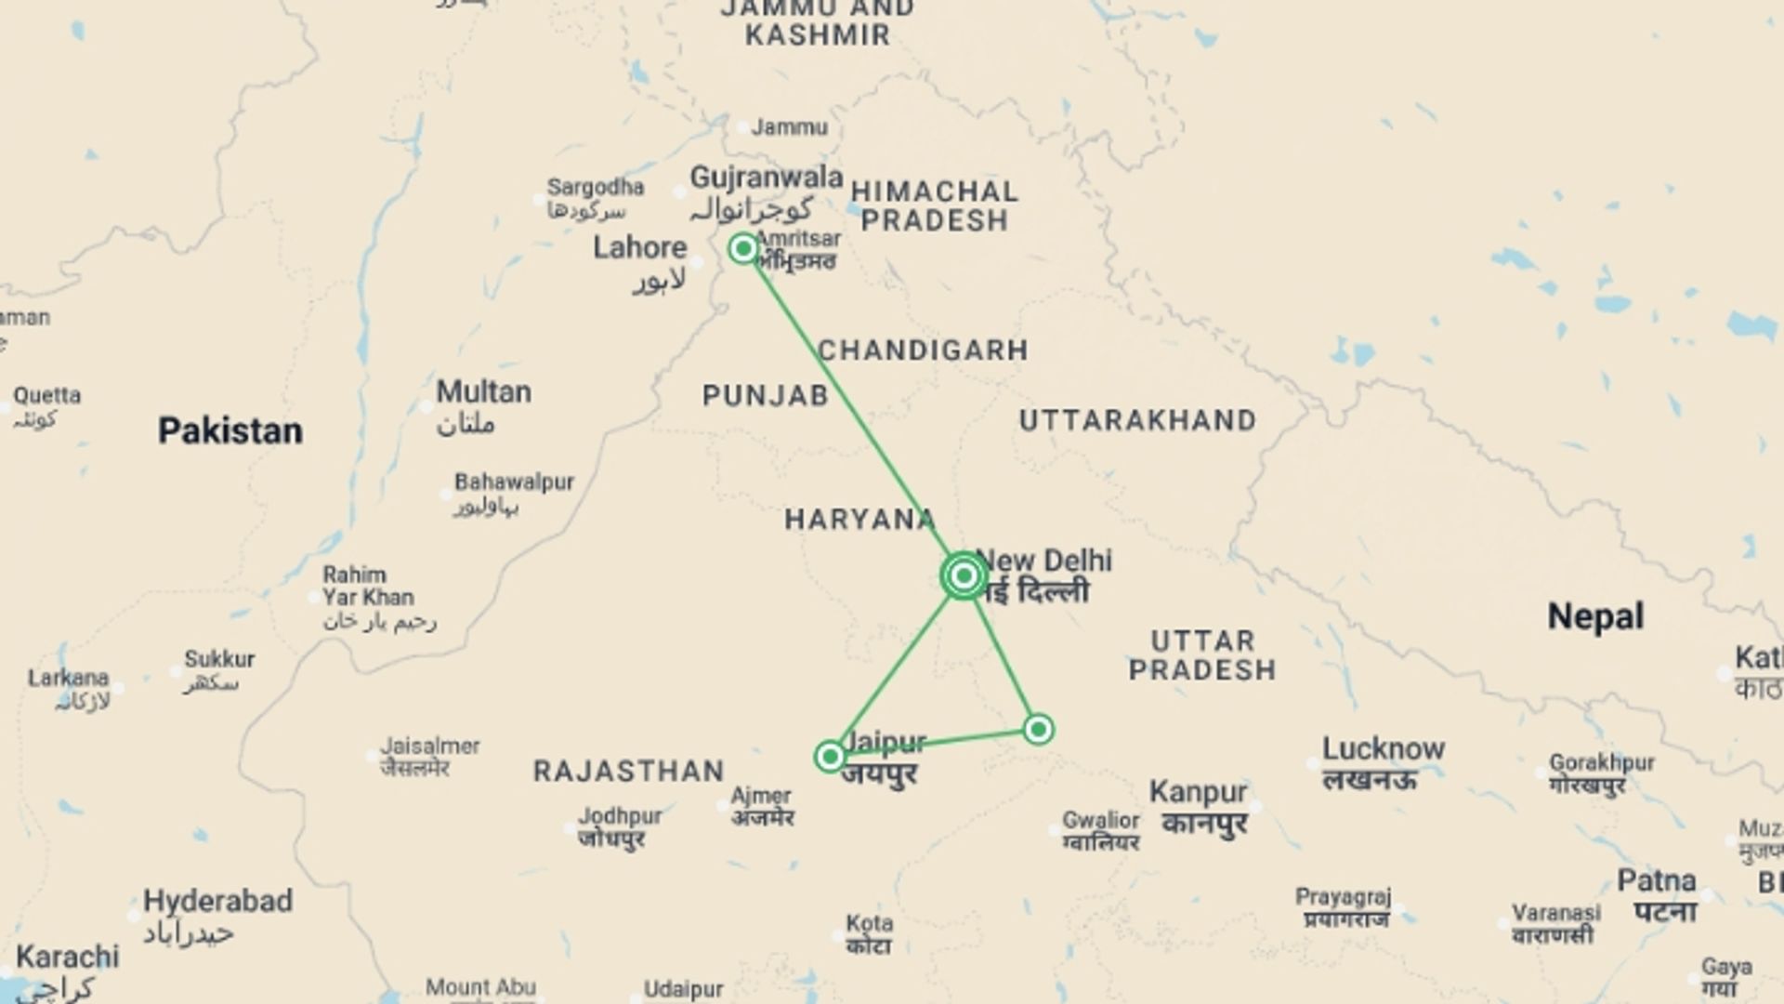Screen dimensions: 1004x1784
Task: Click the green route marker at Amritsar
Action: (743, 248)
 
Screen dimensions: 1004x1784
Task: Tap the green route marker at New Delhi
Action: (964, 576)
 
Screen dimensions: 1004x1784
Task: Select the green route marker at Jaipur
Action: (830, 757)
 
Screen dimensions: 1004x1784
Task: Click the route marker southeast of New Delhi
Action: (1038, 729)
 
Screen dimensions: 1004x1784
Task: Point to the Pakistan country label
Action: (230, 431)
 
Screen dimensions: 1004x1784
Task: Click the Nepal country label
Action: (1595, 617)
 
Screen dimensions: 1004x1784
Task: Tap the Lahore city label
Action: (640, 248)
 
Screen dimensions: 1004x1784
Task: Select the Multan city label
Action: (484, 392)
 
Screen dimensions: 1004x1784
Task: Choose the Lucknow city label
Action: (1384, 749)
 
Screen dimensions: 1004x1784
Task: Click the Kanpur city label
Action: (1199, 793)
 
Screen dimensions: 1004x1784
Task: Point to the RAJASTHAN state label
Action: (629, 772)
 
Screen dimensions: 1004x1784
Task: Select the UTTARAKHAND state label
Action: (1137, 421)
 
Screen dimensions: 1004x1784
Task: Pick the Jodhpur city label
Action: (620, 816)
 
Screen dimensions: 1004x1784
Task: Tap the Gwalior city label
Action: (1101, 821)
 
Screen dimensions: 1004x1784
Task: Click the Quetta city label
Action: (47, 396)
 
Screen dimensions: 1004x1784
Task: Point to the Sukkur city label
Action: (219, 660)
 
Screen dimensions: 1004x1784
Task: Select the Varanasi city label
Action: (1556, 914)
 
